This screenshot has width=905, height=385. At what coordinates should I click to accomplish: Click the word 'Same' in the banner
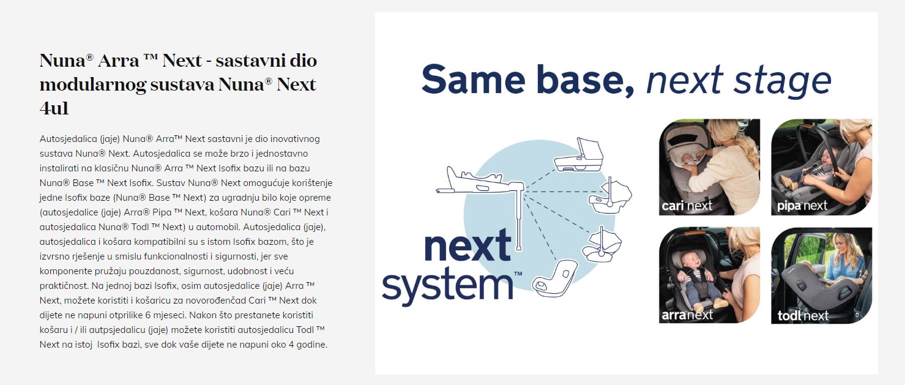[x=473, y=80]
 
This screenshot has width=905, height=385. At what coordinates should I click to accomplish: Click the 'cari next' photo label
[x=687, y=206]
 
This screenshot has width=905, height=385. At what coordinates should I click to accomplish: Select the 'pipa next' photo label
[x=802, y=206]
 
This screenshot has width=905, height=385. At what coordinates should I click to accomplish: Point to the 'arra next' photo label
[x=687, y=315]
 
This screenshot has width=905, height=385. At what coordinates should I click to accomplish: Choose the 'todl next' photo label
[x=803, y=315]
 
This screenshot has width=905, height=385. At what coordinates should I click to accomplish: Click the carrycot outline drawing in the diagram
[x=579, y=155]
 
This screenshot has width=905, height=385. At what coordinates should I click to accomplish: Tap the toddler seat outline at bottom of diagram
[x=554, y=278]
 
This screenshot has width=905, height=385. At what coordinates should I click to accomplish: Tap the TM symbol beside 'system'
[x=518, y=274]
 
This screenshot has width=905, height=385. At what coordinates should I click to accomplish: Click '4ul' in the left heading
[x=54, y=108]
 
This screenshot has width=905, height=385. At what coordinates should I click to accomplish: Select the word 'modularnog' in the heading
[x=93, y=85]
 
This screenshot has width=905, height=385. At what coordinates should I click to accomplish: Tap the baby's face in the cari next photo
[x=685, y=158]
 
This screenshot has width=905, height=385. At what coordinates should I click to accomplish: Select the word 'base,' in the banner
[x=584, y=81]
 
